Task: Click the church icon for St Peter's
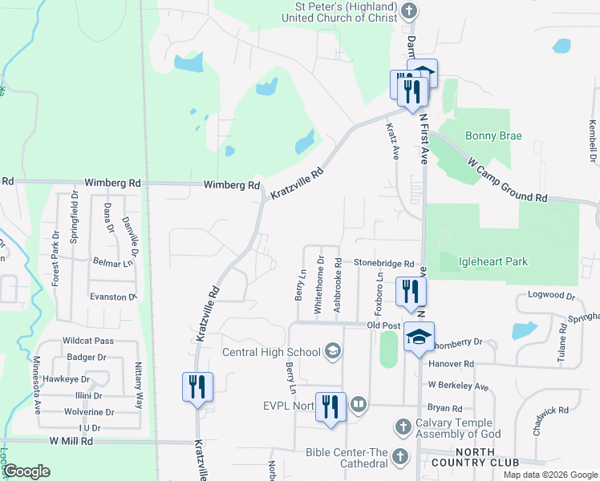click(x=410, y=11)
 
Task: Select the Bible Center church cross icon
click(x=400, y=457)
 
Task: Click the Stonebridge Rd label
click(x=384, y=264)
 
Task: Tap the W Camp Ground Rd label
click(x=508, y=180)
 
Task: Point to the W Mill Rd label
click(x=71, y=441)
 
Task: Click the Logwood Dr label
click(x=552, y=296)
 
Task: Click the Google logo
click(x=27, y=471)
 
